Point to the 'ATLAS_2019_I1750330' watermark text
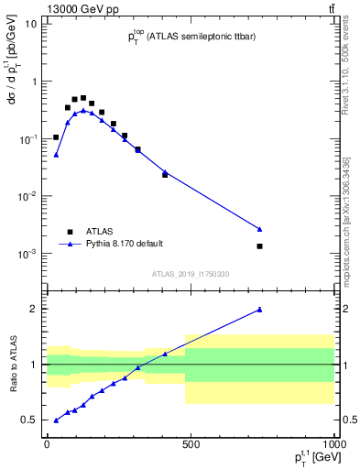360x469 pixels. [190, 274]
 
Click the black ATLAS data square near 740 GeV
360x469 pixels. [260, 245]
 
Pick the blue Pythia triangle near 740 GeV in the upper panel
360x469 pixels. [260, 228]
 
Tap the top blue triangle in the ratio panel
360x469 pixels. [260, 310]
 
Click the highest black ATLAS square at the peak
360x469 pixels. [83, 98]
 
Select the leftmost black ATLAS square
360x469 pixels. [56, 137]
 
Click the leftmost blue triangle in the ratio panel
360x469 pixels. [56, 420]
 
